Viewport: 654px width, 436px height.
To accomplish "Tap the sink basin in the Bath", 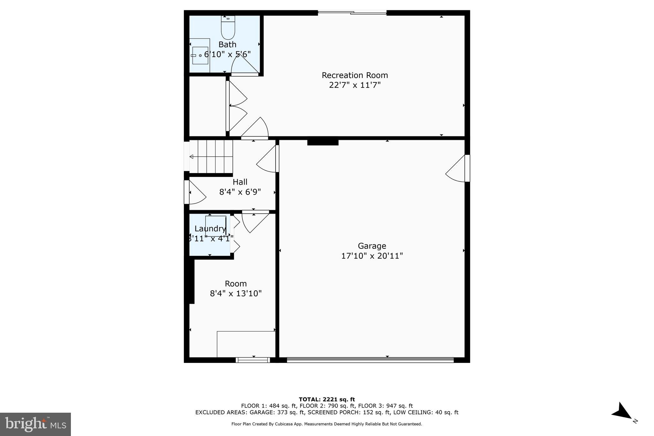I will [200, 56].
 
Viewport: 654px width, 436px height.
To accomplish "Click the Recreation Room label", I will [355, 75].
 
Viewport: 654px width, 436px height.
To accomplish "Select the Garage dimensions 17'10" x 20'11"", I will [372, 256].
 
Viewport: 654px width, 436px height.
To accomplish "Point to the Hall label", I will [240, 182].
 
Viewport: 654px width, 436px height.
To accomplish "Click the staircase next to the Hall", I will [211, 157].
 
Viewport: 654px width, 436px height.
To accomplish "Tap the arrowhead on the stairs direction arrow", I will [192, 157].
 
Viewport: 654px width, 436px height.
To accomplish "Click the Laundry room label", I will [210, 229].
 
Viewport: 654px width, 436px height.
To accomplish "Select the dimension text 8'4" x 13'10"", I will [236, 293].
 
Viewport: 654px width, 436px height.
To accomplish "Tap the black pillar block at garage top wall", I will [323, 142].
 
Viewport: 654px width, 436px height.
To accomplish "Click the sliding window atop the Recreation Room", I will [352, 13].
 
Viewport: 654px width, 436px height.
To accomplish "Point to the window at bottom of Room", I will [253, 360].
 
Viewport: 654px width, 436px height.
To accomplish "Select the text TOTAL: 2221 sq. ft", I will [327, 399].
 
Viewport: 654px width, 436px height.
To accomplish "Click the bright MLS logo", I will [35, 424].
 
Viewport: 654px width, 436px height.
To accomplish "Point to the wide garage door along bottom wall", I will [370, 360].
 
